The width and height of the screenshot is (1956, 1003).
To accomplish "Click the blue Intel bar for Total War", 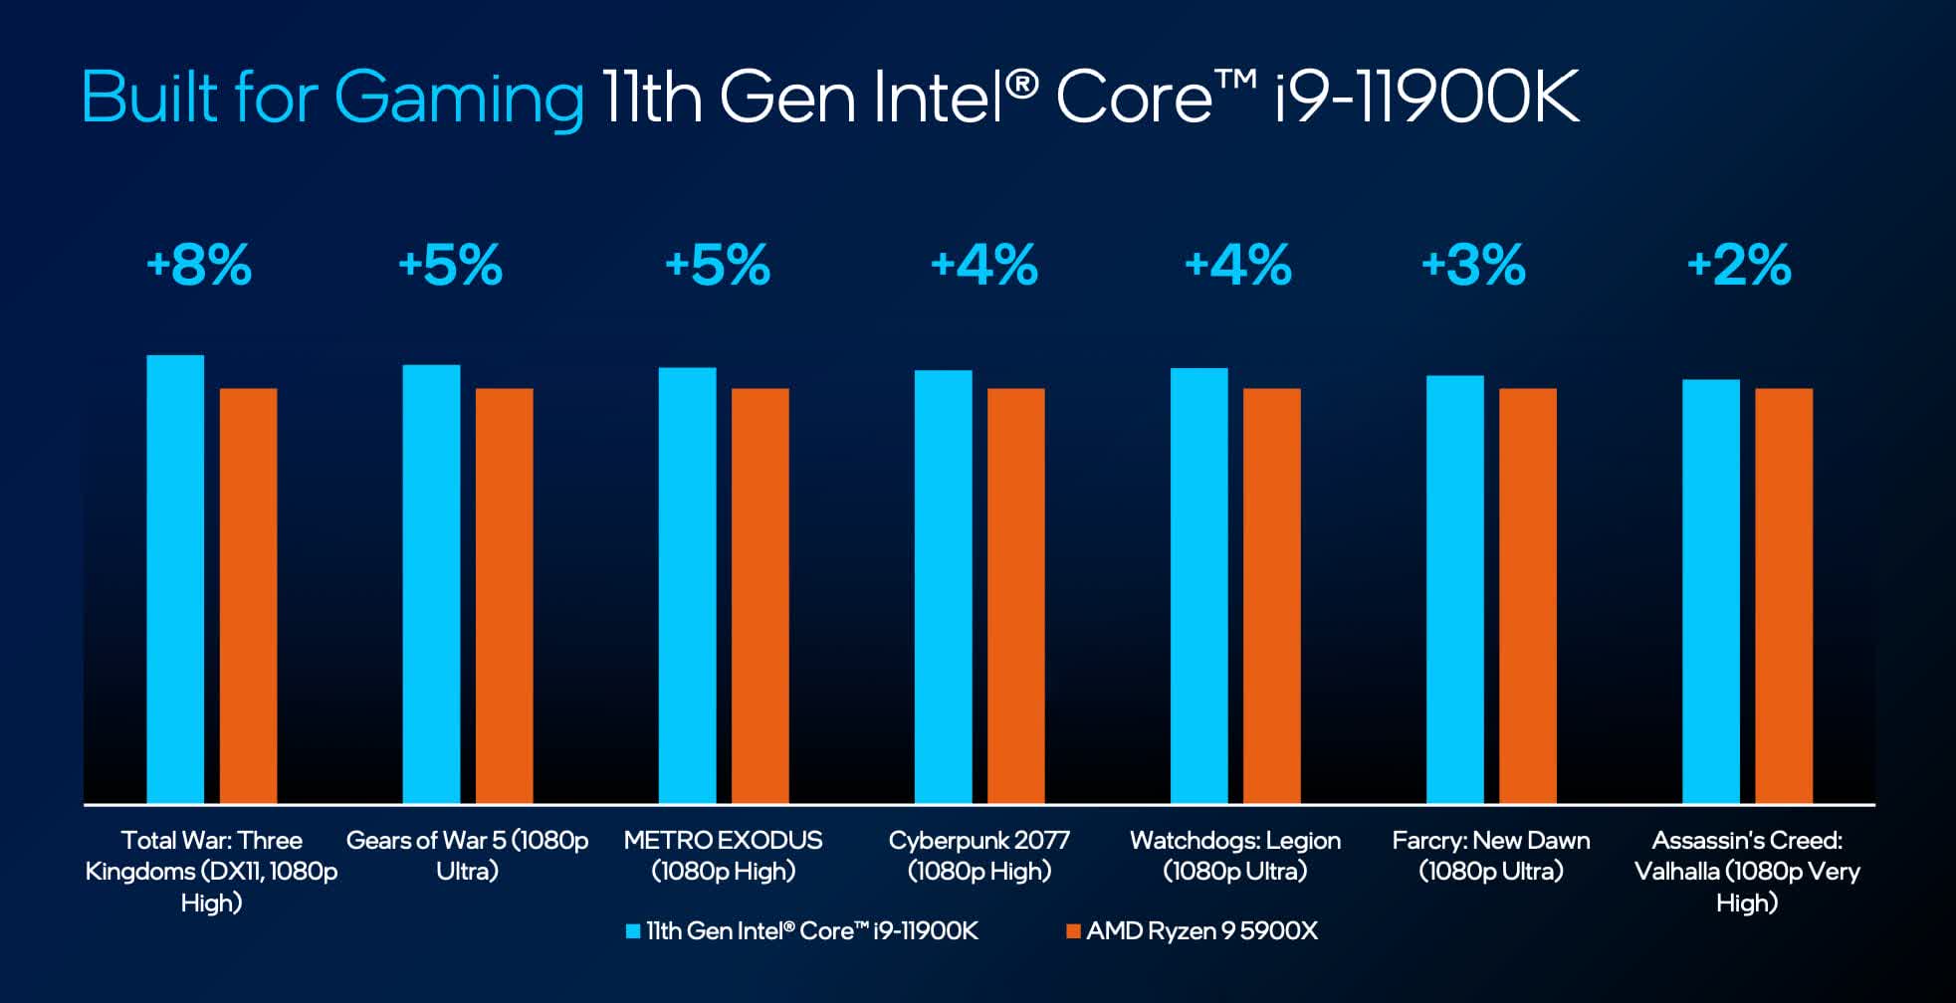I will tap(175, 579).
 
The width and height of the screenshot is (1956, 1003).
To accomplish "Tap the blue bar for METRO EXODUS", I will tap(687, 585).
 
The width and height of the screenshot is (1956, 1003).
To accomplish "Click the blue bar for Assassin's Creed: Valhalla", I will tap(1710, 591).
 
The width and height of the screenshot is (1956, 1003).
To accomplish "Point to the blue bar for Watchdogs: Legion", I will tap(1198, 585).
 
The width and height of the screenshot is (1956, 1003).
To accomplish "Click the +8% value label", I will tap(199, 266).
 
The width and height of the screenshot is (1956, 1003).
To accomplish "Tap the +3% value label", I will tap(1473, 266).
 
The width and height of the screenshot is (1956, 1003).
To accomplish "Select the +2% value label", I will tap(1739, 266).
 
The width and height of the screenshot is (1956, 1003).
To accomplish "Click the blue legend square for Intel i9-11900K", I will tap(632, 931).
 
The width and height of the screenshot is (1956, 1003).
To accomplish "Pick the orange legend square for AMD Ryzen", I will tap(1072, 931).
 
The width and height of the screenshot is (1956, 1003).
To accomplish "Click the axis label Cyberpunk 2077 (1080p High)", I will tap(979, 856).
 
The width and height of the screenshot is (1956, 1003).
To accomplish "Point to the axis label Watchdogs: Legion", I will tap(1234, 856).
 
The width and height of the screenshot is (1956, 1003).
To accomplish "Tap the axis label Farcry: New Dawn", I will tap(1490, 856).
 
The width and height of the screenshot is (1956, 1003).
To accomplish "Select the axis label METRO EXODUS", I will tap(723, 856).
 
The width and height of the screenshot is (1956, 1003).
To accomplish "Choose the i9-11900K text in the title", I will tap(1426, 98).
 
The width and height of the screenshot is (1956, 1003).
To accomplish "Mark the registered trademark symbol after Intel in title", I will tap(1021, 84).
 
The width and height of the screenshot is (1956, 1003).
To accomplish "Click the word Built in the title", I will tap(149, 98).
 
